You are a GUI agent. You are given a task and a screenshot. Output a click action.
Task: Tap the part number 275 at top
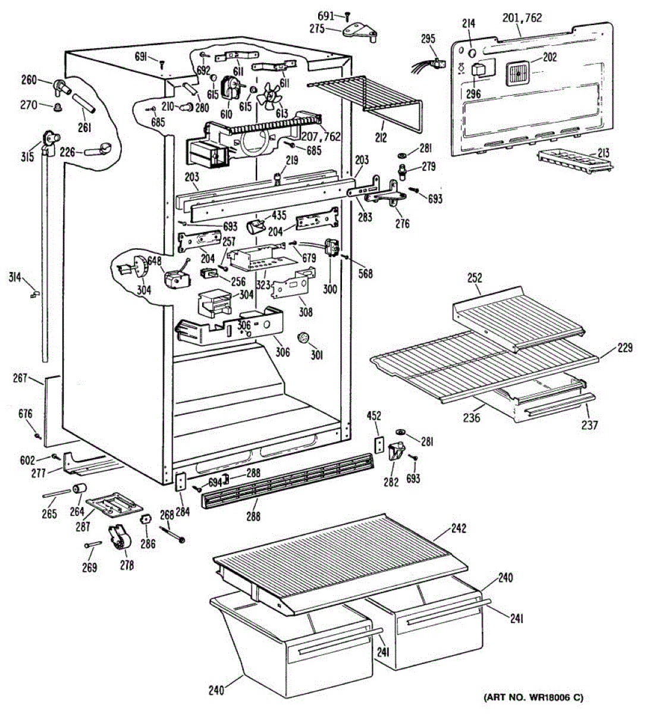(x=317, y=29)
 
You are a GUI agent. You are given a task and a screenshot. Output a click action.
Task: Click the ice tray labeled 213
(x=574, y=161)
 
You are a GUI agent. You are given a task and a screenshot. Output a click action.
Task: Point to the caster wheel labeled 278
(x=120, y=541)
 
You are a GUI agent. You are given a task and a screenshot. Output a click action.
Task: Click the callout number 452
(x=374, y=415)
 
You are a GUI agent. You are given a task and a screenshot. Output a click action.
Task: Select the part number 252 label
(x=475, y=278)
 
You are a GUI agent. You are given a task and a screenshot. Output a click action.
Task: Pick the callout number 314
(x=15, y=277)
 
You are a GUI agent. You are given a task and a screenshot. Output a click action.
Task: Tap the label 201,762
(x=522, y=18)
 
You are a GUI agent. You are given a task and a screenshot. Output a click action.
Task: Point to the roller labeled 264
(x=80, y=488)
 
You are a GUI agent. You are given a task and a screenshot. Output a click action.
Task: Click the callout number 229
(x=625, y=347)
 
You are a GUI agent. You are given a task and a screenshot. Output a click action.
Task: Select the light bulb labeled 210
(x=187, y=106)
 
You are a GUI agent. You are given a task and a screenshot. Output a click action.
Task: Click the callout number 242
(x=458, y=528)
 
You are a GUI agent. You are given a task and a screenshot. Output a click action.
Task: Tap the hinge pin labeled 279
(x=403, y=172)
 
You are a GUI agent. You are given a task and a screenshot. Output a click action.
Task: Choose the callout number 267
(x=20, y=378)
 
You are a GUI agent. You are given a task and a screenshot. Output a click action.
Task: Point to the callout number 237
(x=589, y=425)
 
